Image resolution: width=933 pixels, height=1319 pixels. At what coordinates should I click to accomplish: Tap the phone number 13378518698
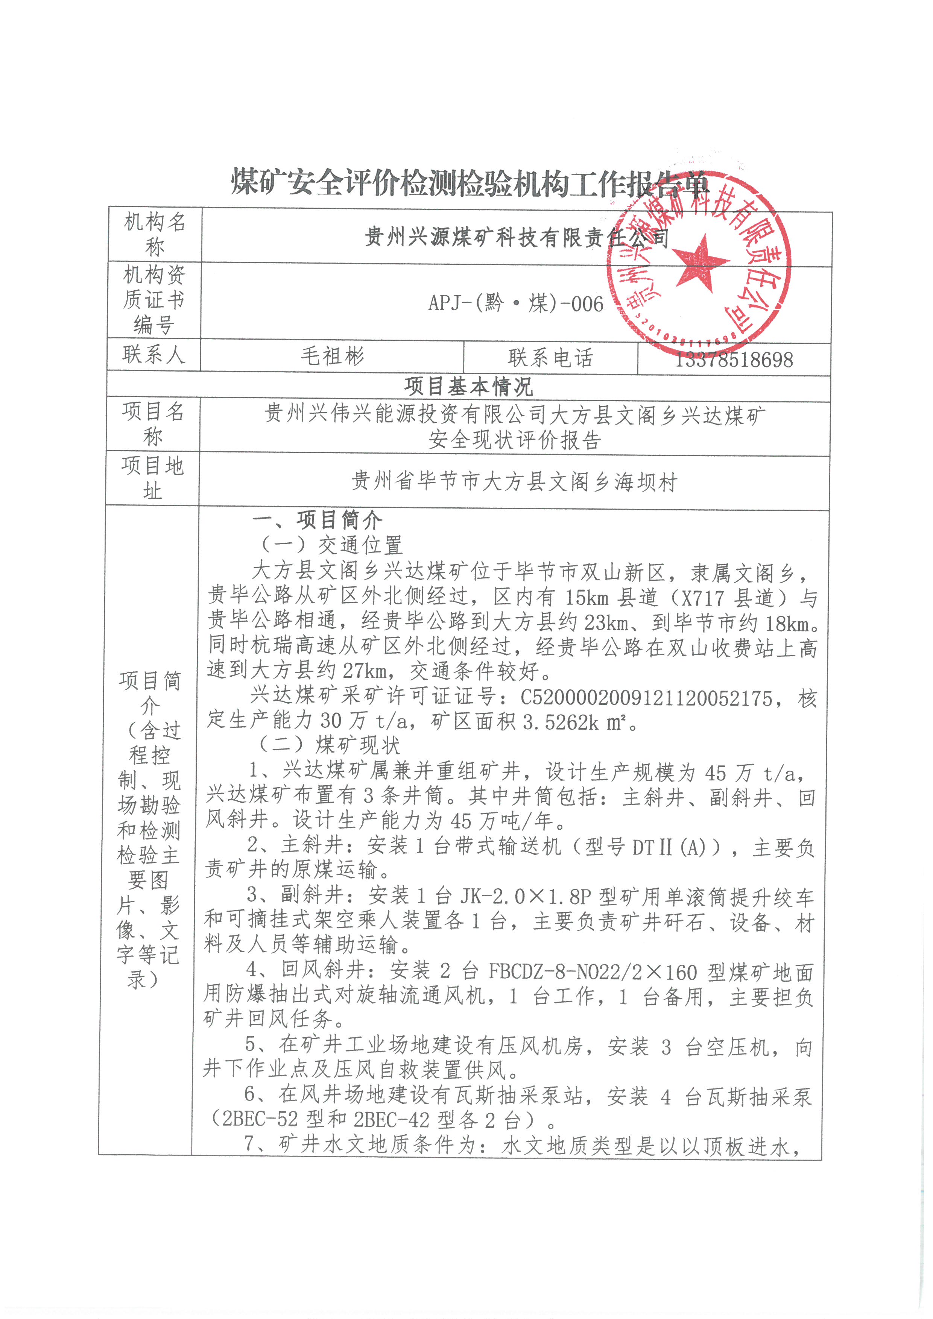click(x=734, y=360)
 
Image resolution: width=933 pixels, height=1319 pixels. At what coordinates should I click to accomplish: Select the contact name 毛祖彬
click(x=332, y=357)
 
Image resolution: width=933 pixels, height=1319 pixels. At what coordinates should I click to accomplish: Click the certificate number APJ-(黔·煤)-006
click(x=515, y=303)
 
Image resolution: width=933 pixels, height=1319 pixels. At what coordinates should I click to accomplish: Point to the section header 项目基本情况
click(x=468, y=387)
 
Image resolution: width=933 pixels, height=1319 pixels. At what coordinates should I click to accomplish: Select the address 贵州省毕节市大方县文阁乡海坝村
click(x=514, y=481)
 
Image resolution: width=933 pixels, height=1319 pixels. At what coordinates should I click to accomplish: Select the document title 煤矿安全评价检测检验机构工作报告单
click(x=470, y=183)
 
